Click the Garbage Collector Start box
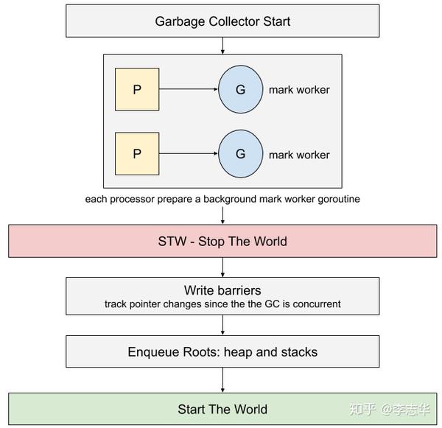pyautogui.click(x=222, y=21)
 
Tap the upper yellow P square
pyautogui.click(x=137, y=89)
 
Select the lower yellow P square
pyautogui.click(x=137, y=154)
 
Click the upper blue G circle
pyautogui.click(x=240, y=89)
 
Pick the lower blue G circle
pyautogui.click(x=240, y=154)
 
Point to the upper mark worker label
pyautogui.click(x=299, y=90)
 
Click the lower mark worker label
pyautogui.click(x=299, y=155)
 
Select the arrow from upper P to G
pyautogui.click(x=189, y=89)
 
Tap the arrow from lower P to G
pyautogui.click(x=189, y=153)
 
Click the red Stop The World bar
pyautogui.click(x=222, y=241)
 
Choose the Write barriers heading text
pyautogui.click(x=222, y=290)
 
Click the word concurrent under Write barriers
pyautogui.click(x=317, y=304)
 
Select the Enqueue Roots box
pyautogui.click(x=222, y=351)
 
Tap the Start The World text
pyautogui.click(x=222, y=409)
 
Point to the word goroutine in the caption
pyautogui.click(x=339, y=199)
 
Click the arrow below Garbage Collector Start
pyautogui.click(x=222, y=46)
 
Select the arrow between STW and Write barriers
pyautogui.click(x=222, y=267)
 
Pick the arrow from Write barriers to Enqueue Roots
pyautogui.click(x=222, y=325)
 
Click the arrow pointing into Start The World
pyautogui.click(x=222, y=380)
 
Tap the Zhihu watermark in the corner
pyautogui.click(x=390, y=410)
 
